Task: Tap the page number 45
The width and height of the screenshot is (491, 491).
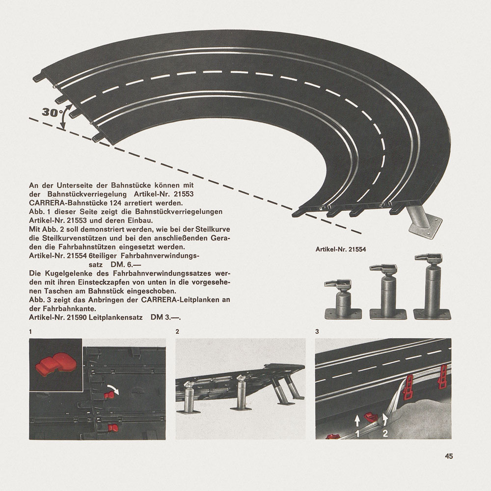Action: point(449,456)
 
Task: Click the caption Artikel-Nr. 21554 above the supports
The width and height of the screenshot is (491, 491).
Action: point(341,249)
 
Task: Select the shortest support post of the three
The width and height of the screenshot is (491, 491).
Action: point(343,300)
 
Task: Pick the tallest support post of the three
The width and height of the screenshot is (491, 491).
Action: point(433,287)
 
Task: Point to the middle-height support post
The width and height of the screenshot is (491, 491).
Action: point(388,292)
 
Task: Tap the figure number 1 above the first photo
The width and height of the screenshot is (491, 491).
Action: point(30,331)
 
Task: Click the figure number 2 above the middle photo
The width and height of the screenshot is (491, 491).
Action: point(177,331)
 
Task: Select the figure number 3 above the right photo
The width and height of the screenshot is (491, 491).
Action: point(317,331)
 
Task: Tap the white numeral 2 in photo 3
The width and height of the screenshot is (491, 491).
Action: point(385,434)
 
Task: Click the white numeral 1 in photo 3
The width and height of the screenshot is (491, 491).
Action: point(357,434)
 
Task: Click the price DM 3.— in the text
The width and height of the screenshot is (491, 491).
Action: point(165,317)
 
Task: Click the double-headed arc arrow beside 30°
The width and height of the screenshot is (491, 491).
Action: point(64,118)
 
